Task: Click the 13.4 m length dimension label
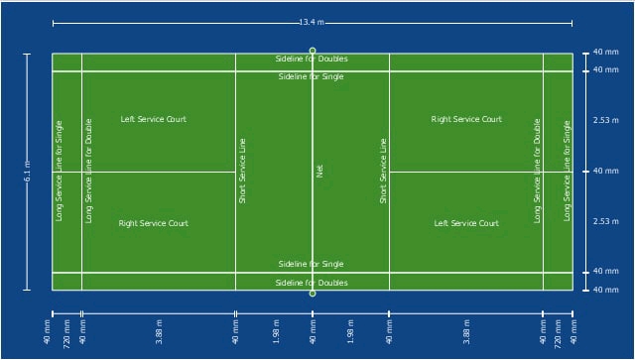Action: tap(312, 22)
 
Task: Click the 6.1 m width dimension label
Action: tap(28, 171)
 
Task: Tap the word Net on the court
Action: tap(319, 171)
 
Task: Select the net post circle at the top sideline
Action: tap(313, 51)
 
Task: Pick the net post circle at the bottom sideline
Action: tap(313, 294)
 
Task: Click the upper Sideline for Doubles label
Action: tap(312, 59)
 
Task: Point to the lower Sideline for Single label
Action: tap(311, 264)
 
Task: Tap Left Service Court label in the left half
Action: tap(154, 119)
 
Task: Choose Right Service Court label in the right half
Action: tap(466, 119)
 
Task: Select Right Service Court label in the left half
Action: tap(154, 223)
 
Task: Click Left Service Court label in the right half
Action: tap(466, 223)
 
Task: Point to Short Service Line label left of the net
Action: tap(242, 171)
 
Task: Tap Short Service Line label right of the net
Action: tap(383, 171)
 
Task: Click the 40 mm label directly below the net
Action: tap(313, 332)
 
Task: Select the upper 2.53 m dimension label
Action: tap(606, 120)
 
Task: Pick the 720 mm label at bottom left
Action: tap(66, 333)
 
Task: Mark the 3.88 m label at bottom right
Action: tap(466, 332)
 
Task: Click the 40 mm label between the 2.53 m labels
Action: tap(606, 171)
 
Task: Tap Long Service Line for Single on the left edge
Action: tap(60, 171)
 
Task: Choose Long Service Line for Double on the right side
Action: tap(537, 171)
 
